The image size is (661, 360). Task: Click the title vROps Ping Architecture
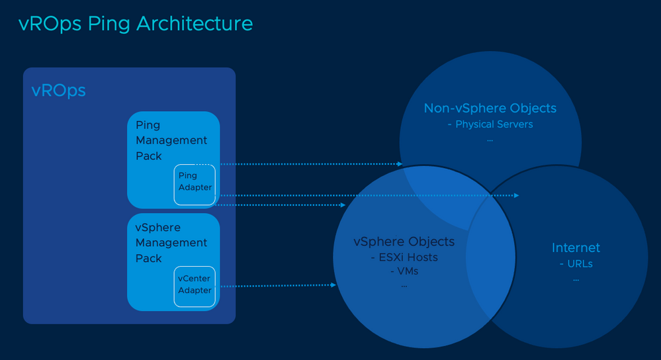[136, 24]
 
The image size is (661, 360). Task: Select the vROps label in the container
[59, 91]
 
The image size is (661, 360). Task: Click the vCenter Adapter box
[195, 285]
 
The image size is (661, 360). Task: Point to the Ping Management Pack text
[171, 140]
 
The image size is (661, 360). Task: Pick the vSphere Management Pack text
[171, 243]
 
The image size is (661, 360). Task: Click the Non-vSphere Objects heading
[490, 108]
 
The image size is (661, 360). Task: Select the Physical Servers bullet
[494, 124]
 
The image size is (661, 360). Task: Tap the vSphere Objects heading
[404, 242]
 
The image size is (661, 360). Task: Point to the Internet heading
[576, 247]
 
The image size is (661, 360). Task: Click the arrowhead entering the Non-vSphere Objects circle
[399, 163]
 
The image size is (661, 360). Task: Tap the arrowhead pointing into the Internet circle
[516, 196]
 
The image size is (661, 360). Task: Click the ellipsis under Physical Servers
[490, 140]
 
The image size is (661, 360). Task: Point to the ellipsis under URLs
[576, 279]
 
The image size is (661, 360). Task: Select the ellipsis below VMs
[404, 285]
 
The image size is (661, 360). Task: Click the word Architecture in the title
[195, 24]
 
